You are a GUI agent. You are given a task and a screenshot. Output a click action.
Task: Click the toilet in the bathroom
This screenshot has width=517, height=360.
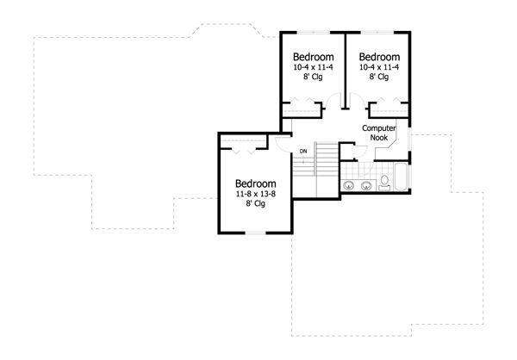tap(384, 183)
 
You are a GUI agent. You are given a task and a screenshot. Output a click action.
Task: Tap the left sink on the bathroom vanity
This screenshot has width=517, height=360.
tap(348, 186)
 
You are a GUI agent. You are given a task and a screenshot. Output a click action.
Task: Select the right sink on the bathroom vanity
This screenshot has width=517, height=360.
tap(366, 186)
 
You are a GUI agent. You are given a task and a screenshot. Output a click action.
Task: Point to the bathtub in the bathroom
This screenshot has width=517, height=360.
tap(402, 177)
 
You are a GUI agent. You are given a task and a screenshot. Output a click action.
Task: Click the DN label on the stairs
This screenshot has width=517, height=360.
tap(303, 152)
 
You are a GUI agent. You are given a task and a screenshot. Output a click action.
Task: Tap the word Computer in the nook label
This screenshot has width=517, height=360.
tap(379, 128)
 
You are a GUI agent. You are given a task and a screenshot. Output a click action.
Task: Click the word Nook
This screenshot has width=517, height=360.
tap(379, 138)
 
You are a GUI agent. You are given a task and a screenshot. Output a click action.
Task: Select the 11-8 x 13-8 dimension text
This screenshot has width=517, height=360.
tap(256, 194)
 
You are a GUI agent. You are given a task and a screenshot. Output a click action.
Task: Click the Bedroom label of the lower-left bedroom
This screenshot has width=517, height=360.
tap(256, 183)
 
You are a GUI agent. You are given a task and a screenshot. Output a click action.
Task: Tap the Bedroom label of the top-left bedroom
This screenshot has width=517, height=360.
tap(314, 57)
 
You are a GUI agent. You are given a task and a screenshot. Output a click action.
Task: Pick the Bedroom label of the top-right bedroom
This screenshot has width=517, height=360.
tap(379, 57)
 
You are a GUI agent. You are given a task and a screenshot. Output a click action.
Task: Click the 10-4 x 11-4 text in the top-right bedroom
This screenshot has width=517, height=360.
tap(379, 67)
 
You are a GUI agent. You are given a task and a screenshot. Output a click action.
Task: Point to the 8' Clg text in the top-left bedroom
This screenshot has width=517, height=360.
tap(314, 77)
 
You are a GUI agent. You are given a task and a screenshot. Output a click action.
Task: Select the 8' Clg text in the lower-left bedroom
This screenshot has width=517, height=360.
tap(256, 204)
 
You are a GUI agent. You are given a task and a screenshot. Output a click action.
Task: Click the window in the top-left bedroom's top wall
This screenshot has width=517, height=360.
tap(314, 32)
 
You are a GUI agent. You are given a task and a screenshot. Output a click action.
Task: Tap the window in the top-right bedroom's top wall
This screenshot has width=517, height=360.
tap(377, 32)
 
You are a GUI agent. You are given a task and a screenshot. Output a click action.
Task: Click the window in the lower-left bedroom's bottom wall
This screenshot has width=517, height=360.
tap(256, 233)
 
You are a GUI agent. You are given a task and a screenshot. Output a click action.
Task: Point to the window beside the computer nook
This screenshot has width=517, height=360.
tap(409, 140)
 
